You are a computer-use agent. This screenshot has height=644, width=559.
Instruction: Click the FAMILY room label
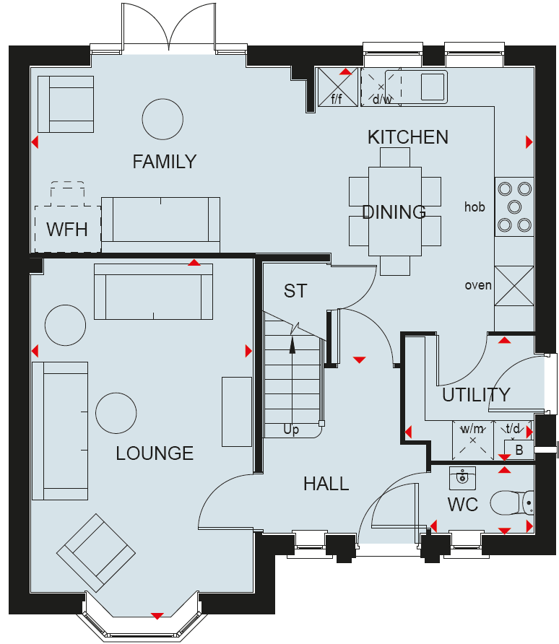click(x=164, y=162)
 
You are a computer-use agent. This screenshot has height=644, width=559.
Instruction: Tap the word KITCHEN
click(x=408, y=137)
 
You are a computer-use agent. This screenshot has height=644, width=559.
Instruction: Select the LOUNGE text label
click(x=155, y=453)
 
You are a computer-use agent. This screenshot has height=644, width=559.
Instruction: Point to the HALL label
click(x=326, y=484)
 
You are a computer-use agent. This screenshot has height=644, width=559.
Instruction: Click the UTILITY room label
click(x=476, y=395)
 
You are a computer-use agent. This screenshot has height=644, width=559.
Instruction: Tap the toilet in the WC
click(x=512, y=502)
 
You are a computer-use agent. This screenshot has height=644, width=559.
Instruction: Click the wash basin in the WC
click(x=462, y=478)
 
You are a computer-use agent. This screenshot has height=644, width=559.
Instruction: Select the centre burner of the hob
click(x=515, y=206)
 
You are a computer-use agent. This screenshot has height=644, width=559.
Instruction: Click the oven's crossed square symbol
click(x=514, y=286)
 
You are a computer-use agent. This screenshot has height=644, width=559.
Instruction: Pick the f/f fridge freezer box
click(x=338, y=87)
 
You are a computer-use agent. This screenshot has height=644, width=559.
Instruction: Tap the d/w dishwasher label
click(x=382, y=99)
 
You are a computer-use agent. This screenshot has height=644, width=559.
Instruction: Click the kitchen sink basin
click(x=433, y=86)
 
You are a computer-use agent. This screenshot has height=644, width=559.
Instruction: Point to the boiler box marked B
click(x=519, y=450)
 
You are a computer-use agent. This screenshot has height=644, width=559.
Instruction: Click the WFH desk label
click(x=67, y=230)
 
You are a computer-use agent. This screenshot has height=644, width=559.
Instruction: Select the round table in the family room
click(x=162, y=119)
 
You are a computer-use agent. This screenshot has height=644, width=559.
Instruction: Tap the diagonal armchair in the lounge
click(x=96, y=553)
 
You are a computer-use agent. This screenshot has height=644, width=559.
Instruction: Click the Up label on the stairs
click(x=291, y=430)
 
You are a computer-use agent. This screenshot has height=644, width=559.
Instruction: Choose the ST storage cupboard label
click(x=295, y=291)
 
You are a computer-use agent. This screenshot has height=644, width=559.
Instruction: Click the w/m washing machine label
click(x=472, y=429)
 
